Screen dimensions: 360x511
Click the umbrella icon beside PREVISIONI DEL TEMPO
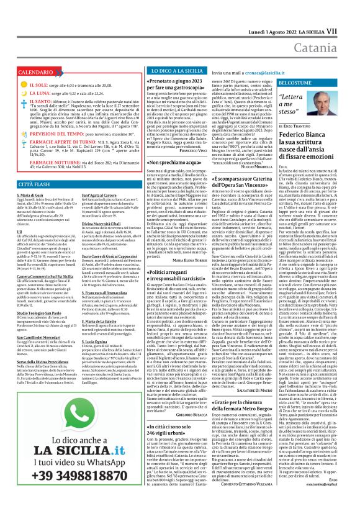point(14,133)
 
